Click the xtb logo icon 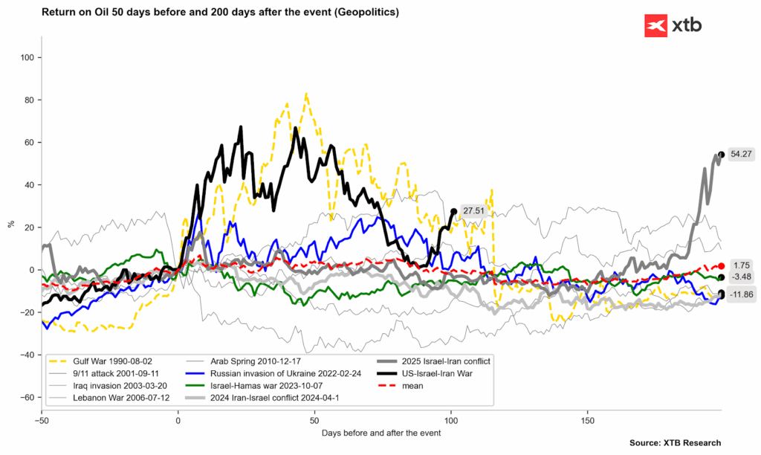coord(655,26)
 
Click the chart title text coord(220,12)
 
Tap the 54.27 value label coord(741,155)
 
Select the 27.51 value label coord(473,210)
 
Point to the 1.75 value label coord(742,265)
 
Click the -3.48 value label coord(741,277)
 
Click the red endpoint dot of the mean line coord(722,266)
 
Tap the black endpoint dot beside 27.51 coord(454,211)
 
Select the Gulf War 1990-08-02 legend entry coord(100,361)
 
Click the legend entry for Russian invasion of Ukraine coord(273,373)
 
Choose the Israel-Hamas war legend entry coord(254,386)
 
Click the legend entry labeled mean coord(400,386)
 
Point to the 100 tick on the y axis coord(27,58)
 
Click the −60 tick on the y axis coord(27,397)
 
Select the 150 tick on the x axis coord(587,420)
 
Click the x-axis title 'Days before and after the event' coord(381,433)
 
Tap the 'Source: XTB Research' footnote coord(675,443)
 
